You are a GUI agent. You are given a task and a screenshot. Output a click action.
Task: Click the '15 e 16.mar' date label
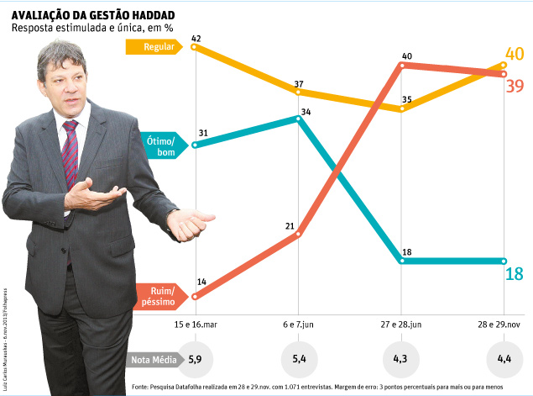(196, 323)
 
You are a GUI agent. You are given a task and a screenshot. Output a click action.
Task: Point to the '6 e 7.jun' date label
(299, 323)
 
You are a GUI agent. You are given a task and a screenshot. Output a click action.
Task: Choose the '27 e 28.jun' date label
(403, 323)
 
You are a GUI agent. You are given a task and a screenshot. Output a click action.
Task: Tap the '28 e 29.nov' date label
(504, 323)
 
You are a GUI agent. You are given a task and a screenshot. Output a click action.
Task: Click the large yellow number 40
(514, 55)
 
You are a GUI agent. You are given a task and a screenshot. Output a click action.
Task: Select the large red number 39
(515, 85)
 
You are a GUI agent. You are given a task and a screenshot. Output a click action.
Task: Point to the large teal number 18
(514, 273)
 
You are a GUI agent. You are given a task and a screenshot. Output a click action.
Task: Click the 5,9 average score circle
(195, 359)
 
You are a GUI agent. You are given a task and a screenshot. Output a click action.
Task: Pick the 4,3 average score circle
(402, 359)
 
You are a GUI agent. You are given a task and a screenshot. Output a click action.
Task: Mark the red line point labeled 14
(195, 297)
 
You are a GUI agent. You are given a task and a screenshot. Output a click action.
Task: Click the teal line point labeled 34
(299, 119)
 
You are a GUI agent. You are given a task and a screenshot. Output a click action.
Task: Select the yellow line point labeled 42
(195, 47)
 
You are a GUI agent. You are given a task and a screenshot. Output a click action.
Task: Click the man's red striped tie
(70, 151)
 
